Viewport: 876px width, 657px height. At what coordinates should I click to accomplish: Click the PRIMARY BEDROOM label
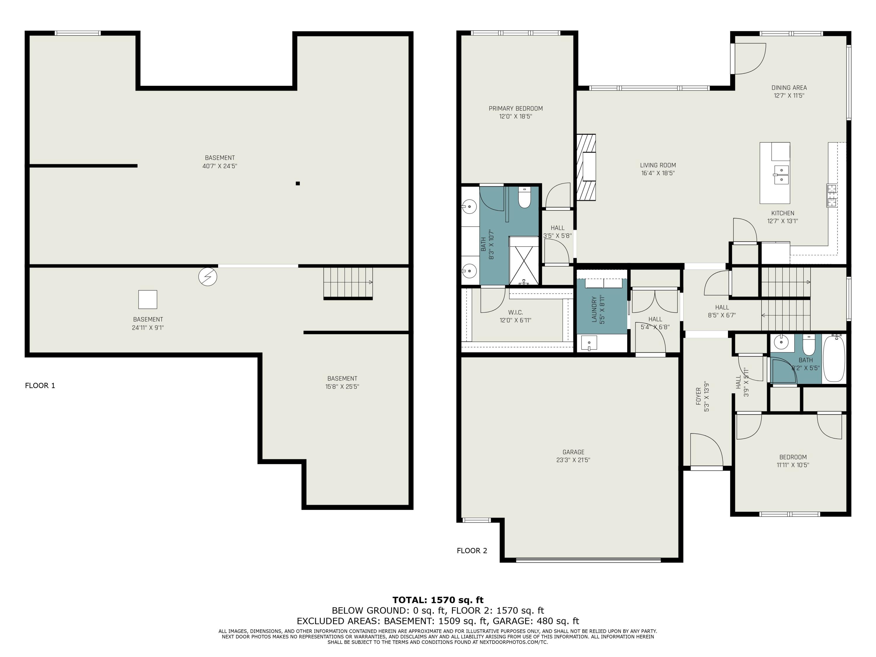[516, 109]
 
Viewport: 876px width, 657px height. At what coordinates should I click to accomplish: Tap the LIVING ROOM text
[658, 165]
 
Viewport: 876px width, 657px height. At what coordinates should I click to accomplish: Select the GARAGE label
[573, 452]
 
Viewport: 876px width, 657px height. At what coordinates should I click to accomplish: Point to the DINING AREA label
[789, 88]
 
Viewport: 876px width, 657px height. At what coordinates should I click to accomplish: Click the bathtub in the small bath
[834, 359]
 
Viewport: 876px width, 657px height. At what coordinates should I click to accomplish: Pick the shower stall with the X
[524, 261]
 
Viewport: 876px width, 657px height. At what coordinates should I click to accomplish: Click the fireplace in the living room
[587, 167]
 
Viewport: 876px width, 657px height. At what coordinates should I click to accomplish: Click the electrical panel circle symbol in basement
[208, 277]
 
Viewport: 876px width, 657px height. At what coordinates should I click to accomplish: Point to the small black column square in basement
[298, 183]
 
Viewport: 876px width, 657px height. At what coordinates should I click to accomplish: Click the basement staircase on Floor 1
[348, 283]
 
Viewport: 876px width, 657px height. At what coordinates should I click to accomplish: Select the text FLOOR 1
[40, 386]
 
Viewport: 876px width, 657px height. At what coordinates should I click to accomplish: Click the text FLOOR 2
[472, 550]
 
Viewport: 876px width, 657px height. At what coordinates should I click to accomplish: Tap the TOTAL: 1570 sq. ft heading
[438, 600]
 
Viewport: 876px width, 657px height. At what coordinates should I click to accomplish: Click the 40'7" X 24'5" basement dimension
[220, 166]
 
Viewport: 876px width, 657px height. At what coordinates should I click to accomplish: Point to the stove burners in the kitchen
[831, 196]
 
